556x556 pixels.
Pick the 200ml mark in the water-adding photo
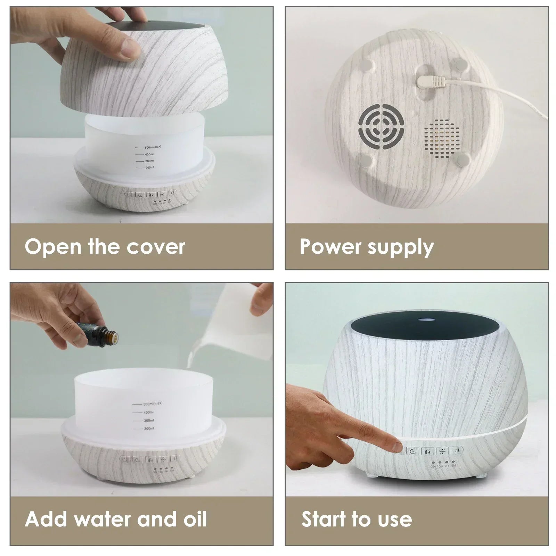(148, 428)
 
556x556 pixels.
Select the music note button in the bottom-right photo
(457, 451)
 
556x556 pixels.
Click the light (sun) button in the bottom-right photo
(442, 451)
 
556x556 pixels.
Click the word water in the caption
(103, 519)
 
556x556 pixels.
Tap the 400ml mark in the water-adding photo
(148, 412)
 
